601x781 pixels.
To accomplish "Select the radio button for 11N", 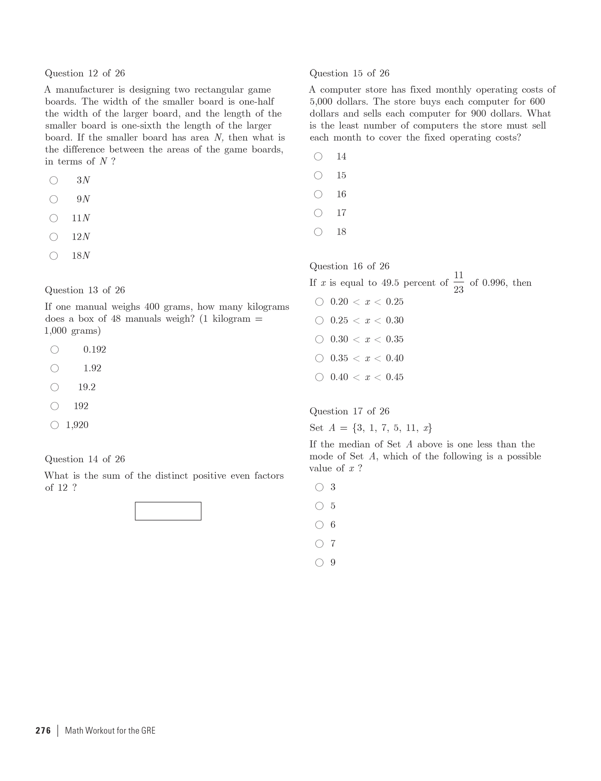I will tap(54, 218).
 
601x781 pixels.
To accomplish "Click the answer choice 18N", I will tap(81, 255).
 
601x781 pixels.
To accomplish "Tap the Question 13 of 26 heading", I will tap(85, 290).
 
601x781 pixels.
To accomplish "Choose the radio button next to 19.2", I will tap(55, 387).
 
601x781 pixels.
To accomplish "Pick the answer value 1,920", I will tap(77, 425).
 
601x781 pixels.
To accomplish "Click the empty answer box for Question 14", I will tap(168, 511).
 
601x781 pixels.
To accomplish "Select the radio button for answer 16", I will tap(318, 194).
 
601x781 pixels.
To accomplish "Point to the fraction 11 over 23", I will tap(458, 282).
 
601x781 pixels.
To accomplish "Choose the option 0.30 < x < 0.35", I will tap(367, 339).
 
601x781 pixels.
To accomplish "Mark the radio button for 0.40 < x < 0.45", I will tap(319, 377).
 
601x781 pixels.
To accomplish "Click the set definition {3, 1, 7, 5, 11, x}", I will tap(392, 428).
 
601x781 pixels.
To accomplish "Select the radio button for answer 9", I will tap(319, 562).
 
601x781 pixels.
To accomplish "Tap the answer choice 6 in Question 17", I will tap(333, 525).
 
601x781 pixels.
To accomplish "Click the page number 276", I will tap(43, 730).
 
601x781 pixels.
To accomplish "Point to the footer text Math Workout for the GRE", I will tap(110, 730).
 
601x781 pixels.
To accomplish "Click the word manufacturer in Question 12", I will tap(85, 90).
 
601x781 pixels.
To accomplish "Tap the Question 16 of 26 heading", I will tap(349, 266).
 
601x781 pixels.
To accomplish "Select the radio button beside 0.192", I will tap(55, 349).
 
